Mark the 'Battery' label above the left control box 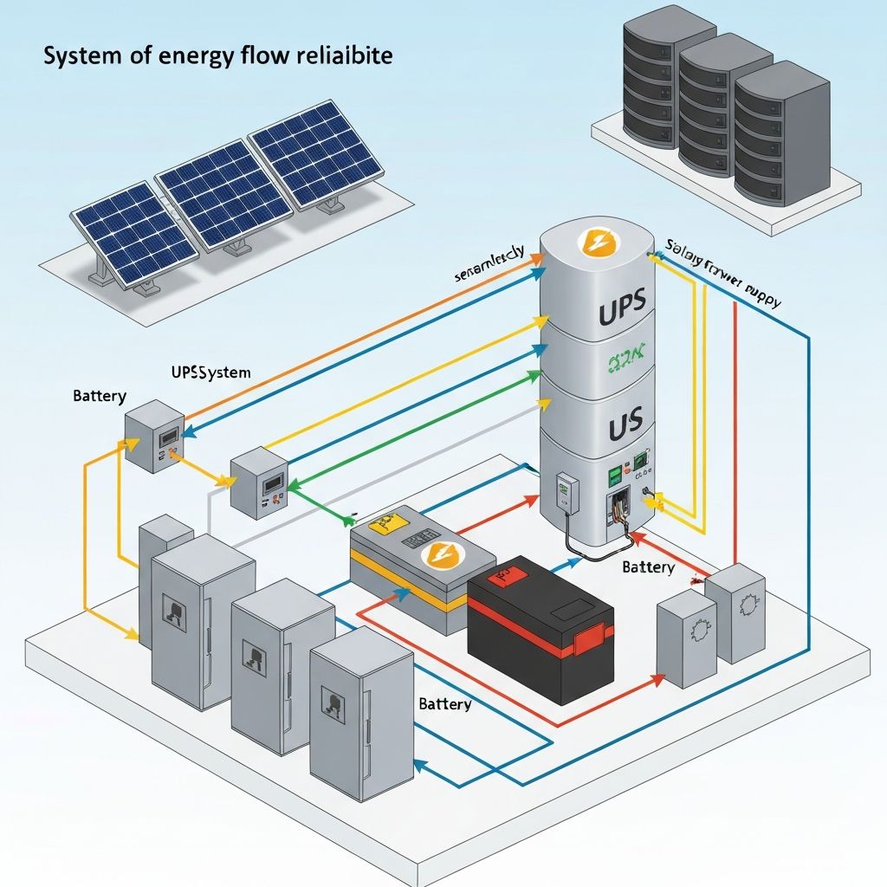100,396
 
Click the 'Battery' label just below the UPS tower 648,567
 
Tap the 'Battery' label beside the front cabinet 444,703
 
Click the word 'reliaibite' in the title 346,56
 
